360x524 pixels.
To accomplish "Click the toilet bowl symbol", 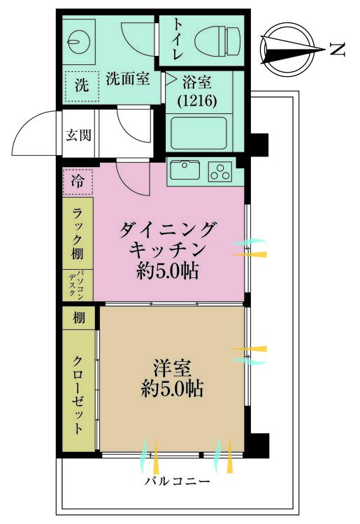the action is [217, 42].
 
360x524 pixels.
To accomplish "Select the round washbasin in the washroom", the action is [79, 42].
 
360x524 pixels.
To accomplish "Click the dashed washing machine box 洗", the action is [82, 86].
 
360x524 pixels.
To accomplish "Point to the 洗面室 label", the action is [128, 79].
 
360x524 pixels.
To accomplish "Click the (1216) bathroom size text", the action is [198, 101].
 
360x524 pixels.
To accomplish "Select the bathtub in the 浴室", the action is [199, 133].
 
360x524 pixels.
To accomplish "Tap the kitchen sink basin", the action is [185, 170].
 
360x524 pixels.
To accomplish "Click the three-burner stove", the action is [220, 171].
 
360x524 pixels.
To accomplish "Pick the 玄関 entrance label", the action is [78, 136].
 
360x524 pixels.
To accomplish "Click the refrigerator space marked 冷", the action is [78, 182].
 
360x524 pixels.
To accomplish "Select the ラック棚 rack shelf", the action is [78, 233].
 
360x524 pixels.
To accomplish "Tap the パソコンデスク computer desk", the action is [78, 285].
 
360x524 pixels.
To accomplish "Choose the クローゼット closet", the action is [79, 391].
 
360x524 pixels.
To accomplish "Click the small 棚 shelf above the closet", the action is [79, 317].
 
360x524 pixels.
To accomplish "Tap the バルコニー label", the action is [178, 481].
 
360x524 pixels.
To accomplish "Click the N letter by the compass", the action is [337, 50].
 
